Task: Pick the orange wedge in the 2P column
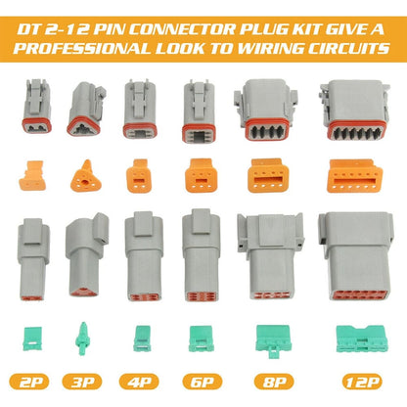coord(35,173)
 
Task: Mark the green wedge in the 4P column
coord(142,334)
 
